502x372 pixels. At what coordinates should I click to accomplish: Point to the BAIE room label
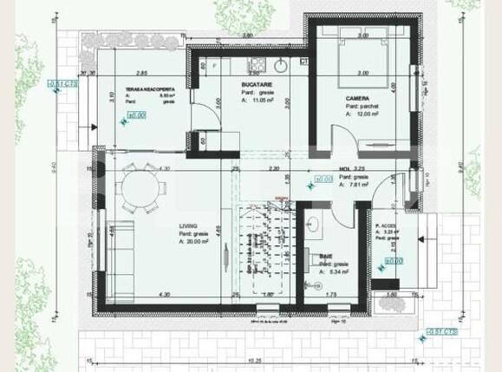pos(327,256)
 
